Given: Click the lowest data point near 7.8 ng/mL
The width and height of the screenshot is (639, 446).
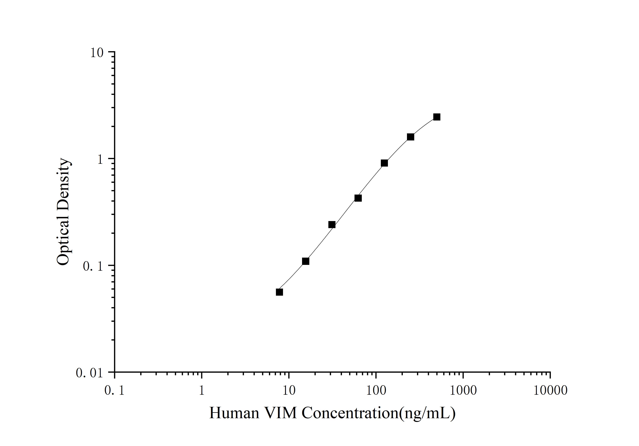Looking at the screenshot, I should coord(279,292).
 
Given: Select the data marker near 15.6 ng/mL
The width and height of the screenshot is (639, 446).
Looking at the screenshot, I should coord(306,261).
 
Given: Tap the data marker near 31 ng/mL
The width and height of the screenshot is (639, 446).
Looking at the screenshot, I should coord(332,224).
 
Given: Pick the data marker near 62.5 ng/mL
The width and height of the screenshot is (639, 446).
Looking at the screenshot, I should coord(358,198).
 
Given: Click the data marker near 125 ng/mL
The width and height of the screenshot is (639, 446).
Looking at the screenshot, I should coord(384,163).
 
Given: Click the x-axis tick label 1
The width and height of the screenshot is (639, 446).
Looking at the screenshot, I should coord(201,391).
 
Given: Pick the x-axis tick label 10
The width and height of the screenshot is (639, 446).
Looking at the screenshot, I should coord(289,391).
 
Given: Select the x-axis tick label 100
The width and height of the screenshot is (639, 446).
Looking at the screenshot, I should coord(376,391).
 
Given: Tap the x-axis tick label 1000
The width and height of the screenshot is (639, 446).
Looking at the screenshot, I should coord(463,391).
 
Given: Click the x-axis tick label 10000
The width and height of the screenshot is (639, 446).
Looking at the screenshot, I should coord(550,391).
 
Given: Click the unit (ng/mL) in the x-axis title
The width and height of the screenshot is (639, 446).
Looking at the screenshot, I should coord(427,414).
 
